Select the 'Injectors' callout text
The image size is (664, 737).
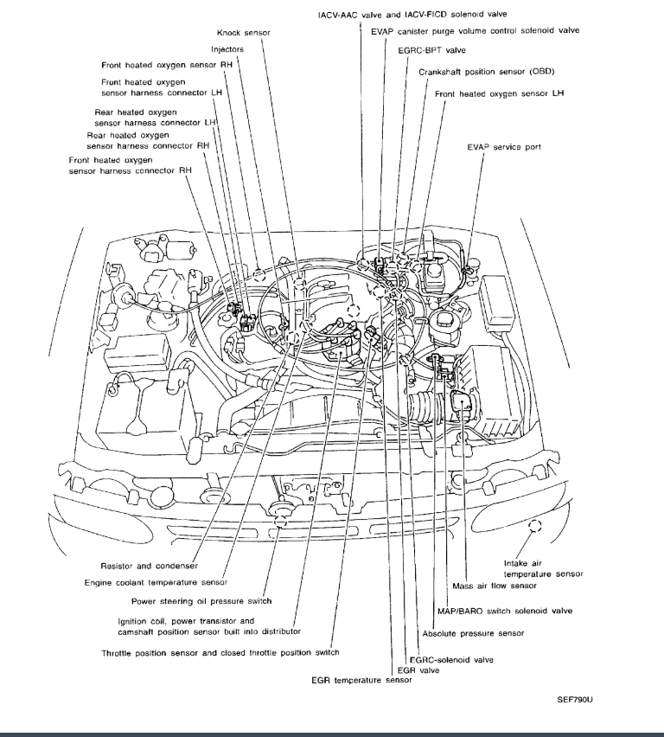[x=227, y=49]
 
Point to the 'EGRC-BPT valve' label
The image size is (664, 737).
[x=427, y=51]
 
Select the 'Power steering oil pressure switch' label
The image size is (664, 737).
[x=201, y=601]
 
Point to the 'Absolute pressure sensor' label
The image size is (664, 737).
[x=474, y=633]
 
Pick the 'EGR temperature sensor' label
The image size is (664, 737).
[x=363, y=681]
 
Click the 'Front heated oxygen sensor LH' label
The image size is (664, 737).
[x=500, y=93]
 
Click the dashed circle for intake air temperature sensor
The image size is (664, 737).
[x=534, y=524]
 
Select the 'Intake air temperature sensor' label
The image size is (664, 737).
[x=543, y=568]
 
